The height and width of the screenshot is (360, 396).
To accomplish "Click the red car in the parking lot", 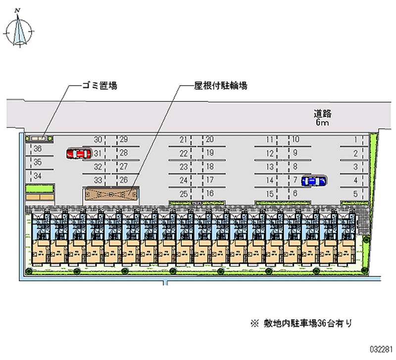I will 78,154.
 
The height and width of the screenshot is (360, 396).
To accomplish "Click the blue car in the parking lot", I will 314,181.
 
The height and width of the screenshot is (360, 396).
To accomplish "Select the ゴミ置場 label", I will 99,86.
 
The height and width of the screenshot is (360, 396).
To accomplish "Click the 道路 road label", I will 322,112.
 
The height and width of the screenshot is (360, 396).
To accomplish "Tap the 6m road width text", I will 322,122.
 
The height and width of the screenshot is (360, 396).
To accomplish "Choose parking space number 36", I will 38,148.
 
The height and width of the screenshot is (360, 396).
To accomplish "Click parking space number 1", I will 355,140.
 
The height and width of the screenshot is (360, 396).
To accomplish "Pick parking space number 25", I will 184,194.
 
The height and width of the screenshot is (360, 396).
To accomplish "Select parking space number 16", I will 210,193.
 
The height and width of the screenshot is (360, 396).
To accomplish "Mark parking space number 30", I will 98,140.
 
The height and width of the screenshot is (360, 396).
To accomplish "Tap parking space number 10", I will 296,140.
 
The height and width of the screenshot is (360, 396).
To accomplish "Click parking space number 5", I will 355,194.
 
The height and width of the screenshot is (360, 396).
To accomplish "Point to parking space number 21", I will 184,140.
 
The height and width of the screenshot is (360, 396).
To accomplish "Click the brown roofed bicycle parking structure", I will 111,194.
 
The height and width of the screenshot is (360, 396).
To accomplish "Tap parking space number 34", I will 38,175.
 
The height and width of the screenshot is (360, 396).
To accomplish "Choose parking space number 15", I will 270,194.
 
